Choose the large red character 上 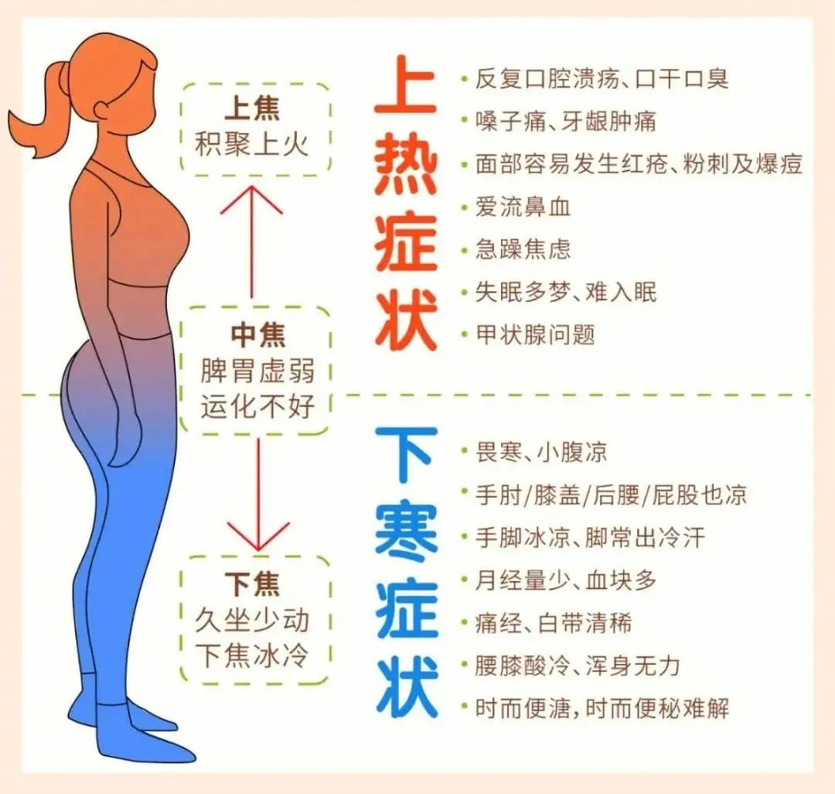pos(407,87)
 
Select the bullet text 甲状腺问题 pos(535,334)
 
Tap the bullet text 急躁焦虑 pos(523,249)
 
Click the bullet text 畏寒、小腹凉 pos(541,451)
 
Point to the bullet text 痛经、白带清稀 pos(554,623)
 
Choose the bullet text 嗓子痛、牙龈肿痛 pos(566,121)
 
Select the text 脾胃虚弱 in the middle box pos(258,370)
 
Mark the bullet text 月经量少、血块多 pos(565,580)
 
